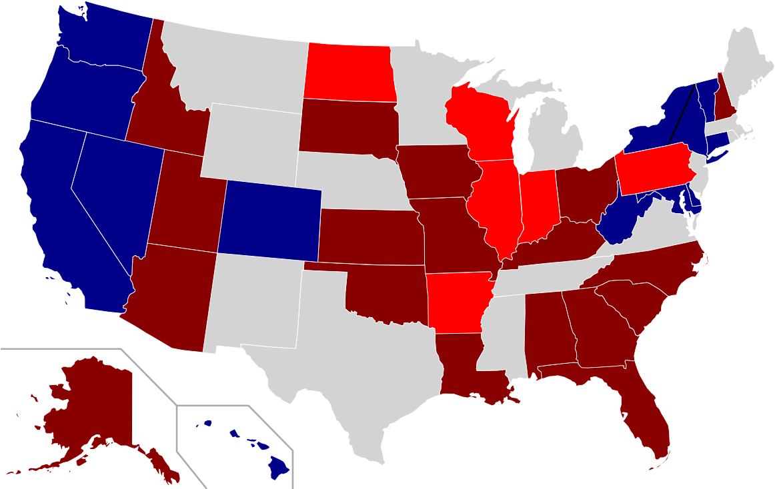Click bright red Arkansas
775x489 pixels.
(x=458, y=300)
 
